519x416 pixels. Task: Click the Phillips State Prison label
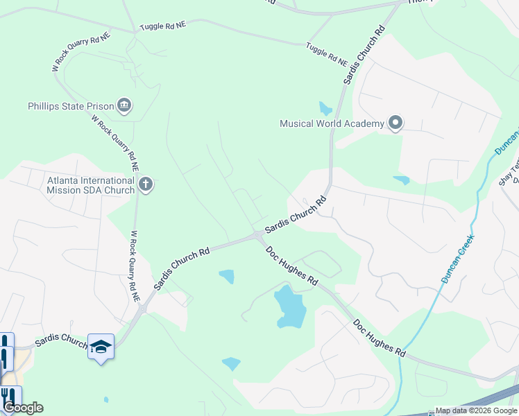[x=70, y=106]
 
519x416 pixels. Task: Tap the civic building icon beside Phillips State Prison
[x=125, y=105]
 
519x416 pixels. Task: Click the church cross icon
[x=145, y=184]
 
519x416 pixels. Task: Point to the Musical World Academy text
[x=332, y=124]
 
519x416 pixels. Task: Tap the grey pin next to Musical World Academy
[x=395, y=124]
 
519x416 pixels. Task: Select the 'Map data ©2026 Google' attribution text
[x=476, y=410]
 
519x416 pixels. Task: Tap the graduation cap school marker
[x=101, y=346]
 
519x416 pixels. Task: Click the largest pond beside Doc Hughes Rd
[x=290, y=306]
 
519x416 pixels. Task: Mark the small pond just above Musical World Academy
[x=325, y=108]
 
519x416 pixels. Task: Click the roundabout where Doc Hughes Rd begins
[x=257, y=236]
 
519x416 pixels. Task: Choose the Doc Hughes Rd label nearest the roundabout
[x=292, y=265]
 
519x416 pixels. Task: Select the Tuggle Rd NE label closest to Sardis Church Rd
[x=327, y=53]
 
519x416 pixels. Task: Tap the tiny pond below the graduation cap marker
[x=105, y=399]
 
